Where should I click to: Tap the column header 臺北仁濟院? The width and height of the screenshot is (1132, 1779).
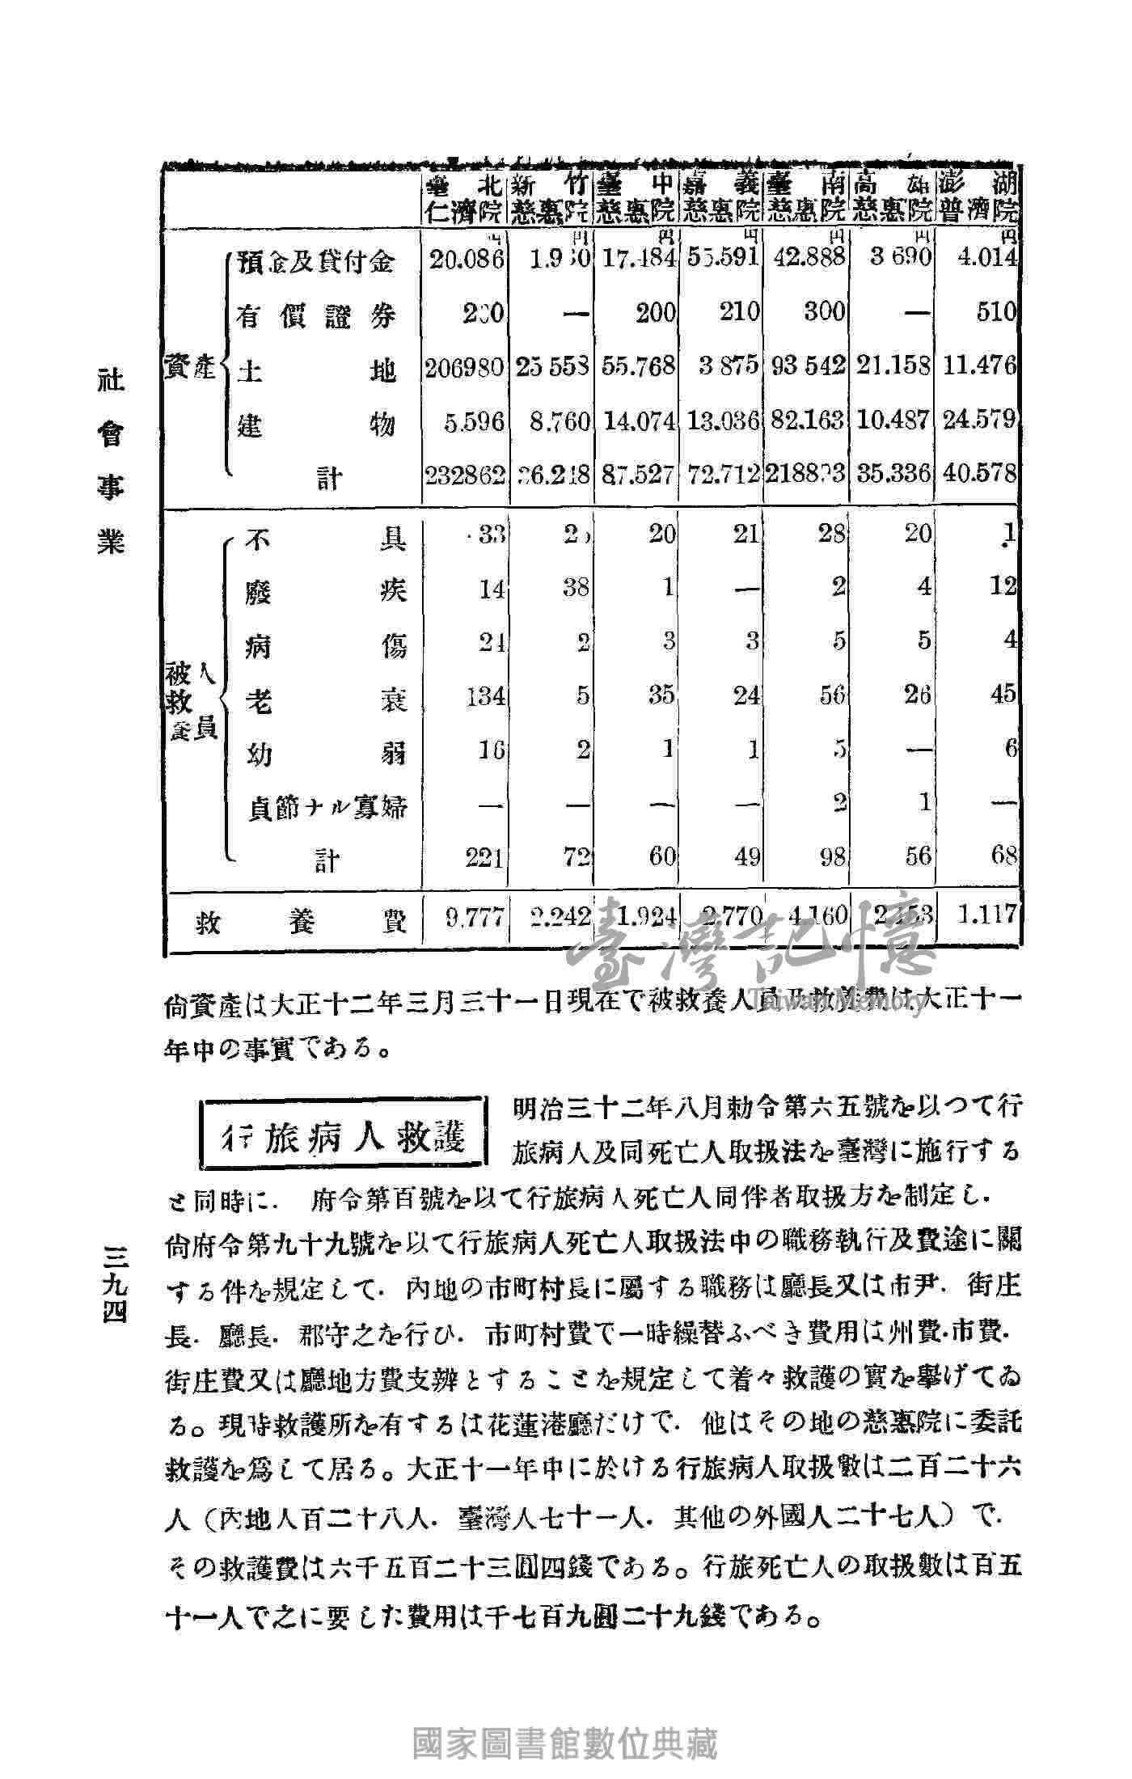click(x=464, y=196)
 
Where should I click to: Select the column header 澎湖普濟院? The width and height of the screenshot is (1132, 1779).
click(x=977, y=196)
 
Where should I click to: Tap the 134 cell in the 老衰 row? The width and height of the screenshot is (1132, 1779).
click(x=484, y=695)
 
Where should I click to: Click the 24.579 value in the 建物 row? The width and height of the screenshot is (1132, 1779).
click(x=980, y=420)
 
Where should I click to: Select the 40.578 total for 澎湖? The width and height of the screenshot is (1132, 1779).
click(x=980, y=473)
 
